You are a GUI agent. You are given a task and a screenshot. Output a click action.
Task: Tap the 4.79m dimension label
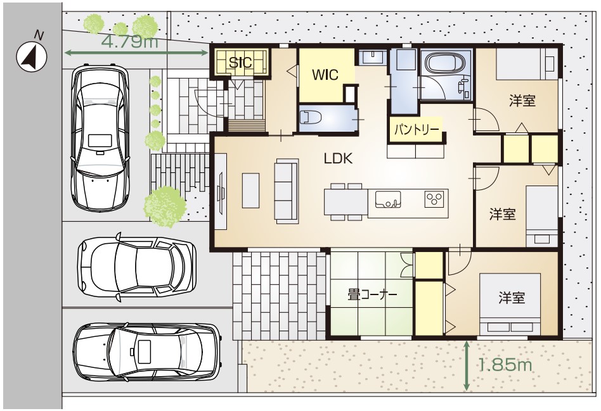coord(131,41)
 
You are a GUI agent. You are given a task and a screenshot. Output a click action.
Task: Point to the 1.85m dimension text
coord(505,365)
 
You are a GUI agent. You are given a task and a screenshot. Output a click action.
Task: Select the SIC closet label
coord(241,62)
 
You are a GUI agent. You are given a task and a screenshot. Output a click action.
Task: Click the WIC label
coord(325,75)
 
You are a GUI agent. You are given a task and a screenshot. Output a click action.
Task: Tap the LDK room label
coord(338,158)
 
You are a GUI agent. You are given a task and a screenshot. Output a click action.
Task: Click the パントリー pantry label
coord(417,129)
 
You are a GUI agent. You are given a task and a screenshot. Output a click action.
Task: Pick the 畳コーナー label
coord(372,294)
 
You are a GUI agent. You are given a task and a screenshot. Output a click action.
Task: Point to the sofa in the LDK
coord(287,191)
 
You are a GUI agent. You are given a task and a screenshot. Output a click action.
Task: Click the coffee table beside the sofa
coord(250,191)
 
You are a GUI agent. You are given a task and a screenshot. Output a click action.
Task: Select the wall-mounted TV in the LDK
coord(221,191)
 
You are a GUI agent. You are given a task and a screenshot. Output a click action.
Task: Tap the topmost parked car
coord(100,138)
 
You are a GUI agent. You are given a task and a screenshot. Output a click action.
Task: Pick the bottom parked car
coord(148,351)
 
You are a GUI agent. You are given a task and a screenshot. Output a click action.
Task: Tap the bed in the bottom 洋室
coord(510,304)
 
